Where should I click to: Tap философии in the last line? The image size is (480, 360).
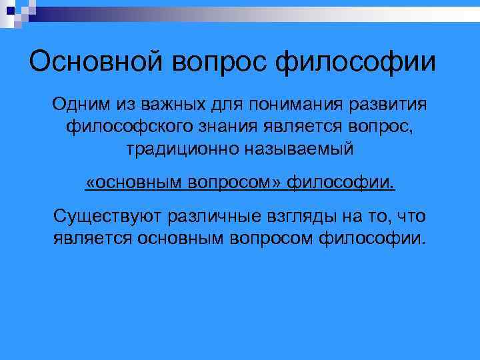[x=370, y=238]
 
